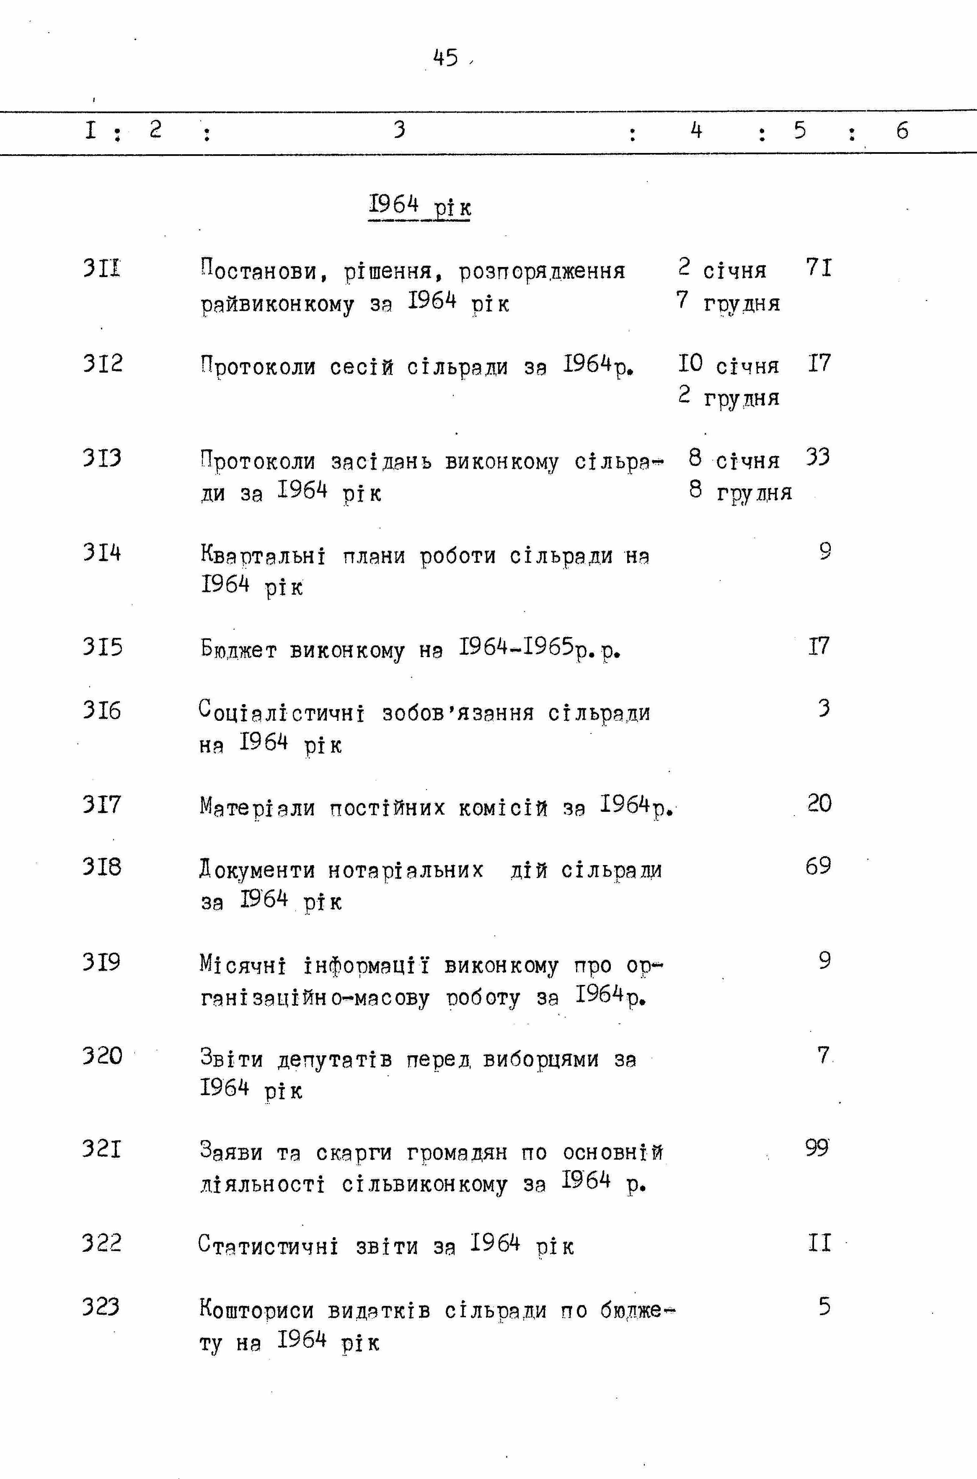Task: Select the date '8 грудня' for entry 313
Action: pos(740,492)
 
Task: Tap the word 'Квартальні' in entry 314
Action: pos(262,555)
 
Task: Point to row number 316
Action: pos(101,710)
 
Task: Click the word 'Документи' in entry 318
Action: pos(257,870)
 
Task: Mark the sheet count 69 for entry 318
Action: pos(818,866)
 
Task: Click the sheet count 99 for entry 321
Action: pos(817,1147)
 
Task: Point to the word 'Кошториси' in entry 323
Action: pos(257,1310)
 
